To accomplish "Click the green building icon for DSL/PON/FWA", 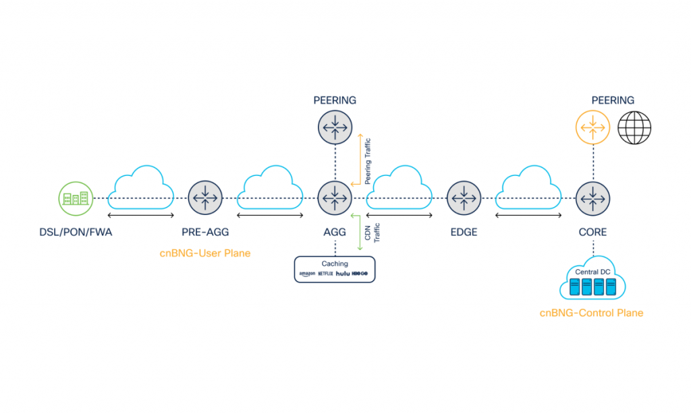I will (x=75, y=198).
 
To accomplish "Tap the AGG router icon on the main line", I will (x=335, y=198).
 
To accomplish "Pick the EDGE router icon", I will (x=464, y=198).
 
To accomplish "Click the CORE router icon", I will (x=593, y=198).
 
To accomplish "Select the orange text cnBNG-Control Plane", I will (x=591, y=313).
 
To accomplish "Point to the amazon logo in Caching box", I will (x=308, y=274).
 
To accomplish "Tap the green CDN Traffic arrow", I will (x=359, y=233).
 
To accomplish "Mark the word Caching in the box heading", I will (x=334, y=264).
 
